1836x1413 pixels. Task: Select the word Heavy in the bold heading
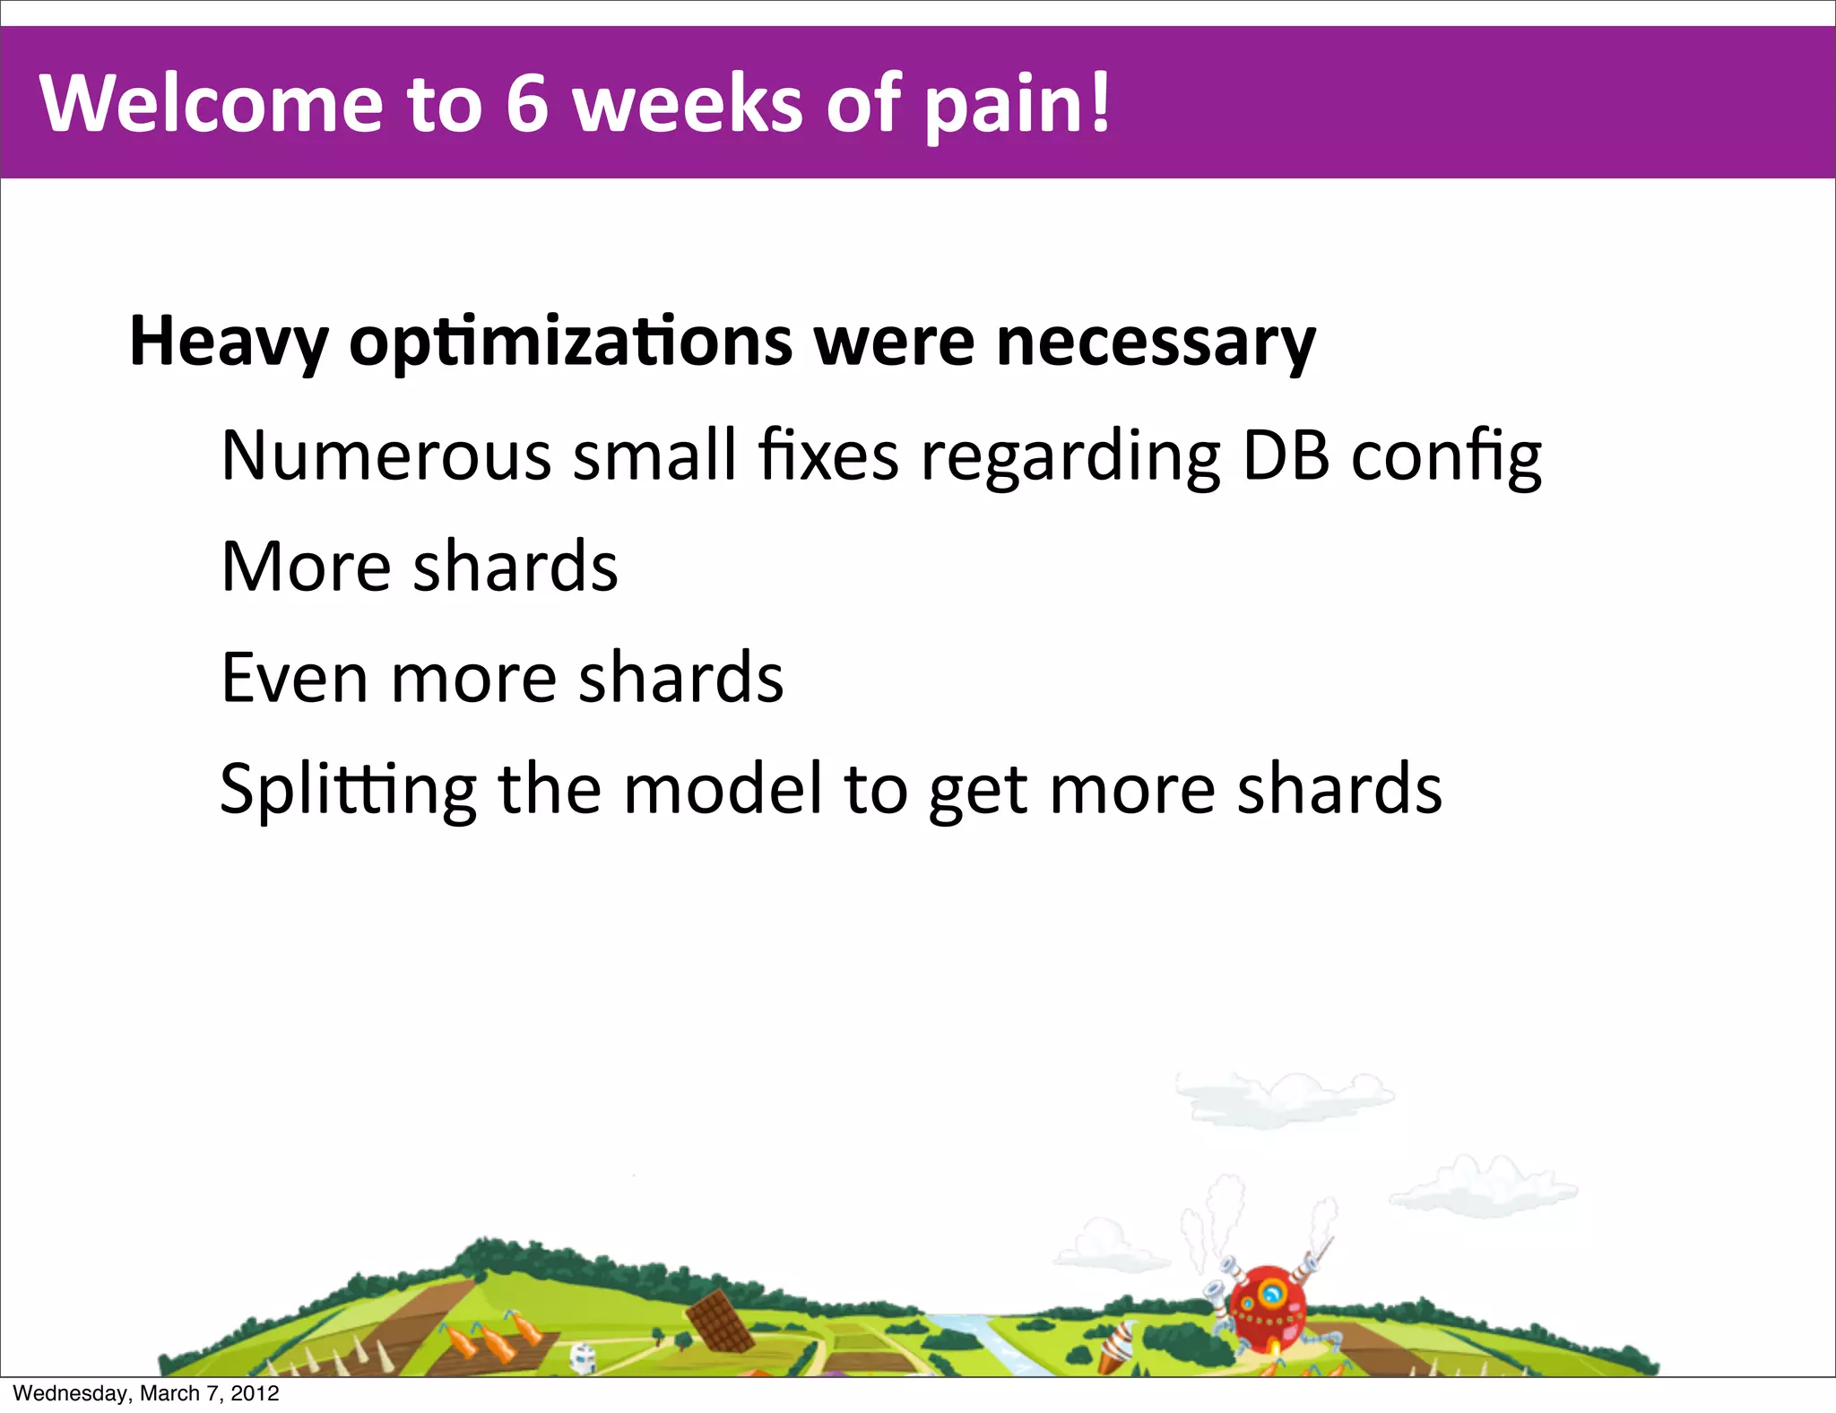pos(229,342)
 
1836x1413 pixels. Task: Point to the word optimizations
pos(571,342)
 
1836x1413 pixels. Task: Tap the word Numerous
pos(385,455)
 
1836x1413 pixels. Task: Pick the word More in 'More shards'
pos(306,567)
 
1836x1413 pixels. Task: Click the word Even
pos(294,678)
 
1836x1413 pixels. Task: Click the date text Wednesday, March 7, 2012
pos(146,1393)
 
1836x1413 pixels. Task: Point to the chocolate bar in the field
pos(719,1320)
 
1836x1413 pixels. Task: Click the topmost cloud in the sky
pos(1284,1096)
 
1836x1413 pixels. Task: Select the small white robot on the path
pos(584,1357)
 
